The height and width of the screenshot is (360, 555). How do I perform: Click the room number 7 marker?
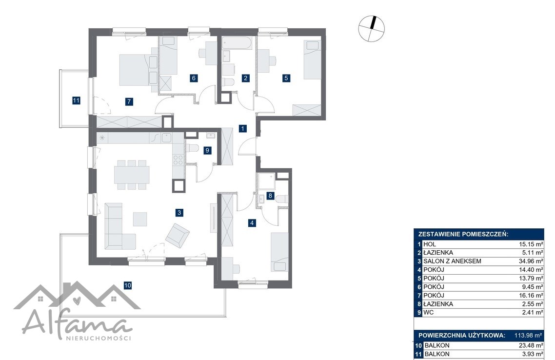click(x=129, y=101)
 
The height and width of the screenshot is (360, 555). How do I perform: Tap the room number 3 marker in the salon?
click(x=179, y=212)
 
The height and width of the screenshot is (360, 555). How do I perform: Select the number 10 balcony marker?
click(x=128, y=285)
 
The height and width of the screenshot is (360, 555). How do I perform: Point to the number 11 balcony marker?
click(x=76, y=100)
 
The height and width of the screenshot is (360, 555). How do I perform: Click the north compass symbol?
click(x=371, y=29)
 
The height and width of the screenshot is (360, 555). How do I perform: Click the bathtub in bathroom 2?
click(x=237, y=43)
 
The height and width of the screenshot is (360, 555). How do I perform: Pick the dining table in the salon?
click(x=132, y=175)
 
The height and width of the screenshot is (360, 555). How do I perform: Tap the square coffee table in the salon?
click(x=140, y=219)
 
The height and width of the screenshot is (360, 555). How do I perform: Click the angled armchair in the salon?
click(x=178, y=235)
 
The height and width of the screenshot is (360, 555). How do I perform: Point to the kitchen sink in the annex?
click(x=167, y=138)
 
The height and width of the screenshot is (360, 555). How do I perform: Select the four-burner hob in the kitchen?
click(x=178, y=160)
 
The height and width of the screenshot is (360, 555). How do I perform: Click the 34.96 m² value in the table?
click(x=530, y=261)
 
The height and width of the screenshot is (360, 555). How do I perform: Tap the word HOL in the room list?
click(x=430, y=244)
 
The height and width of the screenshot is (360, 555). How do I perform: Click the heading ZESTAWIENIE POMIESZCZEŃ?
click(x=463, y=234)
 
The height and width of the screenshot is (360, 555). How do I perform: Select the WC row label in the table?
click(x=428, y=312)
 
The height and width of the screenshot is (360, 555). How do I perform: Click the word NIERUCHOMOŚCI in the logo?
click(x=99, y=338)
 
